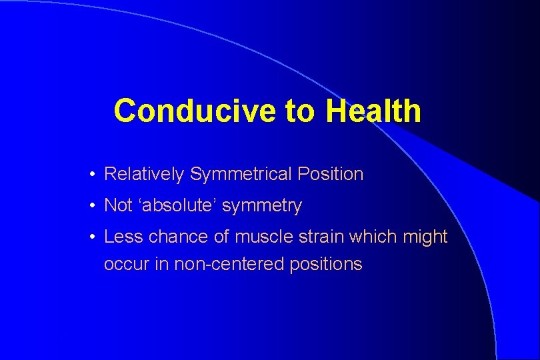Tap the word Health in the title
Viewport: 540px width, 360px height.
(373, 111)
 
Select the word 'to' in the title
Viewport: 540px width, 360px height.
(301, 111)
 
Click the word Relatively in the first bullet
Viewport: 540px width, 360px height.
(144, 175)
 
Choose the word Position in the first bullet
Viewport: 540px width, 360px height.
(330, 175)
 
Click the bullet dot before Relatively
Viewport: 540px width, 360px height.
(93, 175)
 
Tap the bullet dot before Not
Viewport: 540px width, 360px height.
(93, 207)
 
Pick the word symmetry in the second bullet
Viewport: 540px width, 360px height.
(262, 207)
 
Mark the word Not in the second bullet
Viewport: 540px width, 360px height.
(119, 206)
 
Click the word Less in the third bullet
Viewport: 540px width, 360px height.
(120, 237)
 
